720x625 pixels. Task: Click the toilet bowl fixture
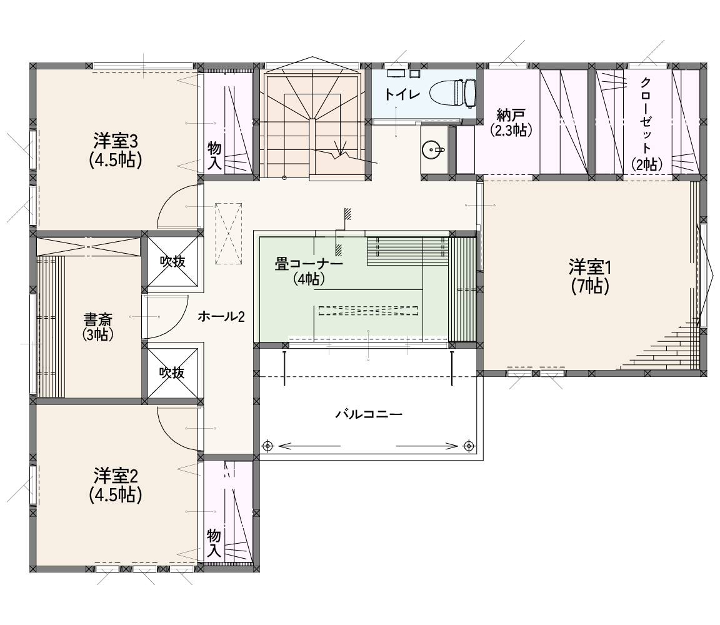pyautogui.click(x=453, y=92)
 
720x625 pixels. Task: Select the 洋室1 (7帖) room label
pyautogui.click(x=590, y=276)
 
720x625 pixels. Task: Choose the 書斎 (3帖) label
pyautogui.click(x=98, y=326)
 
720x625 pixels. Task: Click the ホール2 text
pyautogui.click(x=221, y=316)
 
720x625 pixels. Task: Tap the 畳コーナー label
pyautogui.click(x=309, y=264)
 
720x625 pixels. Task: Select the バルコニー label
pyautogui.click(x=369, y=414)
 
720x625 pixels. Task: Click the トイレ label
pyautogui.click(x=402, y=94)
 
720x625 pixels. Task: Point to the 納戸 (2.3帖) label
pyautogui.click(x=511, y=122)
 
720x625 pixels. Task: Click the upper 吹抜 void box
pyautogui.click(x=172, y=261)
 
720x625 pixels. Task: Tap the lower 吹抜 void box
pyautogui.click(x=172, y=372)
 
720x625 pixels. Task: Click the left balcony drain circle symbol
pyautogui.click(x=267, y=446)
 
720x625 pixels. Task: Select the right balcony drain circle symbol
pyautogui.click(x=469, y=446)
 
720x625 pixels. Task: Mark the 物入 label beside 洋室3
pyautogui.click(x=214, y=156)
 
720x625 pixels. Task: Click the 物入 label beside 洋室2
pyautogui.click(x=214, y=543)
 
